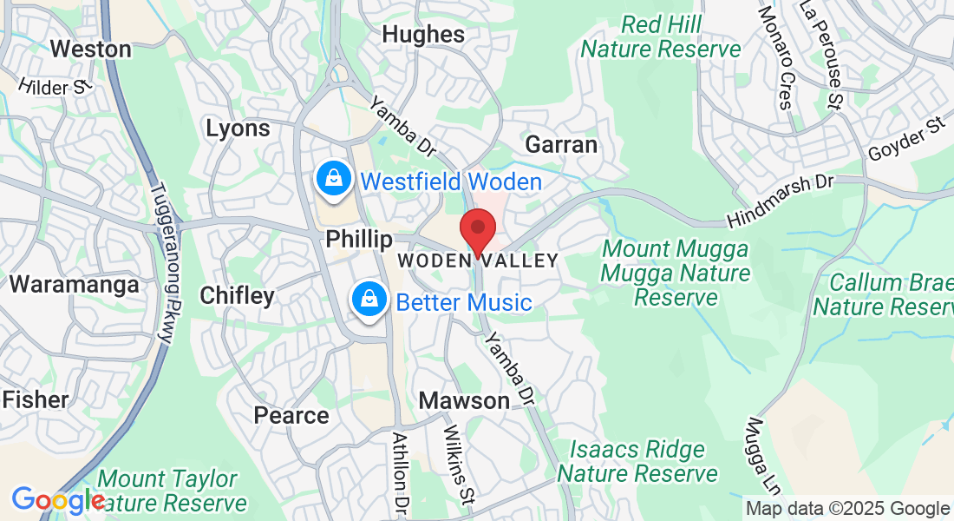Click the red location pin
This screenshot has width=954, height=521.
[x=477, y=230]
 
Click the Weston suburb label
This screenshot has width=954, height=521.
[x=90, y=49]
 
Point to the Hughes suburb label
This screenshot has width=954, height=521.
[x=423, y=35]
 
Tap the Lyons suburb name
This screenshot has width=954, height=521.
[x=238, y=129]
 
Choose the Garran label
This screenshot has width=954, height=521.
[x=561, y=144]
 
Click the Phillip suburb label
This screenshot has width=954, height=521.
[x=359, y=239]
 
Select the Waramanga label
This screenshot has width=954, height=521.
[x=74, y=285]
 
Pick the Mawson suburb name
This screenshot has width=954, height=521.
[x=464, y=400]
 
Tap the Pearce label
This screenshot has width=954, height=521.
[x=291, y=416]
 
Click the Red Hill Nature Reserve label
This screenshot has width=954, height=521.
[x=661, y=37]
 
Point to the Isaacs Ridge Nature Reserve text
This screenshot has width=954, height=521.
[x=637, y=462]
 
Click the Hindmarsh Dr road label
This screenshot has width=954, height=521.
[x=781, y=201]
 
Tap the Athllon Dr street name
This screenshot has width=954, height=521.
[x=399, y=473]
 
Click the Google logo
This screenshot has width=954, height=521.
[x=57, y=501]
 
